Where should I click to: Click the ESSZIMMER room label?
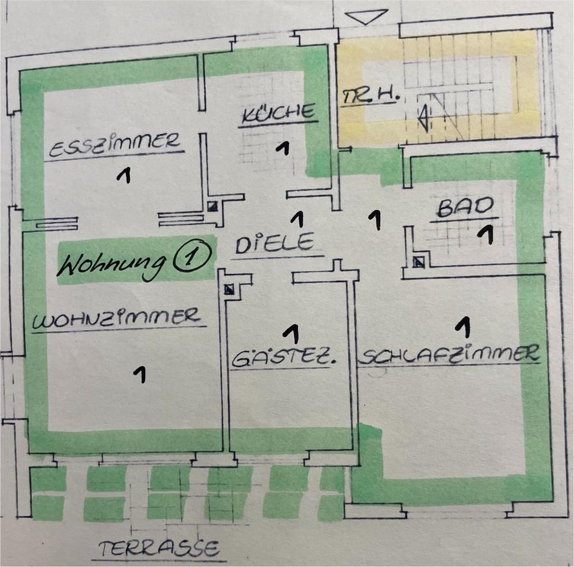point(114,144)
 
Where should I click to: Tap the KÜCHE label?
point(278,113)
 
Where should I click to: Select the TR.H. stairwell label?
point(370,96)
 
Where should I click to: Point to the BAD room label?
point(466,208)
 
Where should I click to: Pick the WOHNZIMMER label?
point(117,318)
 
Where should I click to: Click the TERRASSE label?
point(159,547)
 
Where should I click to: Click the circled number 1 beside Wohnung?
point(193,257)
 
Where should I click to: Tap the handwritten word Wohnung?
point(114,263)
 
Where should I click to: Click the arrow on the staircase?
point(423,117)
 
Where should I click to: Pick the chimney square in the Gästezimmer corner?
point(229,290)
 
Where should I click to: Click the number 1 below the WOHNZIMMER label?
point(139,374)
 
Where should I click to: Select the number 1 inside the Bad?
point(487,234)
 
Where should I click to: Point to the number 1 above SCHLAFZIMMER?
point(462,327)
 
